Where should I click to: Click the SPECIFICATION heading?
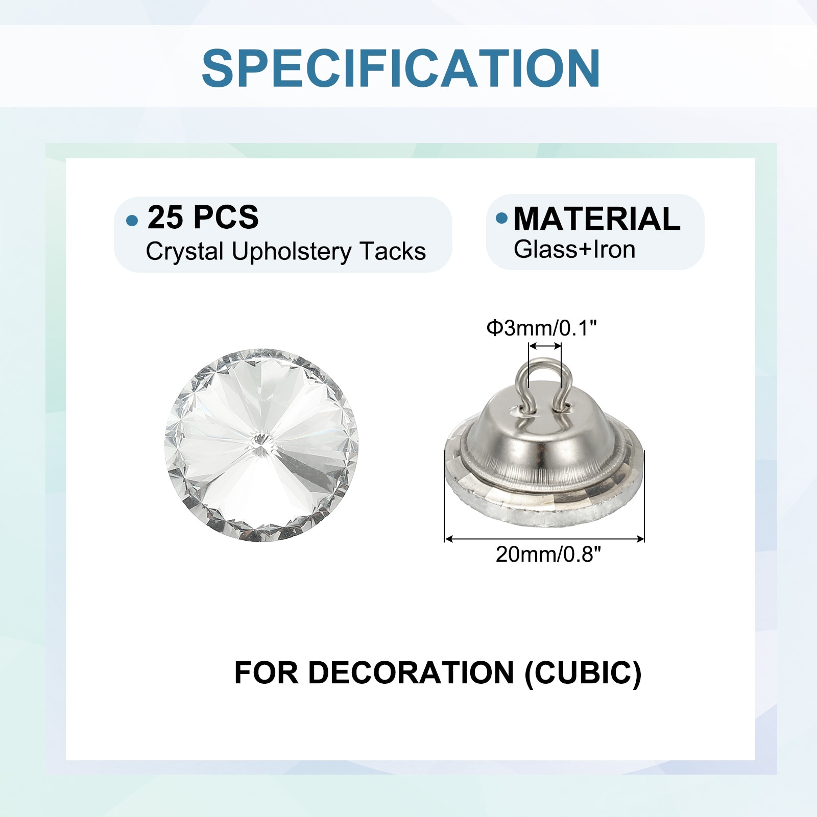pyautogui.click(x=401, y=68)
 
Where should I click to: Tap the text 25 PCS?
pyautogui.click(x=203, y=217)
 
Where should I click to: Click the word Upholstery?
pyautogui.click(x=292, y=252)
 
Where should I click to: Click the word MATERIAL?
pyautogui.click(x=597, y=219)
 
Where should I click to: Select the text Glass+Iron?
pyautogui.click(x=574, y=249)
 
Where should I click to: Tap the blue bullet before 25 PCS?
pyautogui.click(x=132, y=221)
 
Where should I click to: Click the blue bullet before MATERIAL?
pyautogui.click(x=502, y=218)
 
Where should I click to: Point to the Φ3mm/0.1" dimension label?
pyautogui.click(x=541, y=328)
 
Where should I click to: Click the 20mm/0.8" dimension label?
pyautogui.click(x=548, y=554)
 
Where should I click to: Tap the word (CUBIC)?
pyautogui.click(x=583, y=673)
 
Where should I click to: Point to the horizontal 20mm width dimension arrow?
pyautogui.click(x=544, y=538)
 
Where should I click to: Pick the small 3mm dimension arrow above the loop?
pyautogui.click(x=545, y=346)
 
